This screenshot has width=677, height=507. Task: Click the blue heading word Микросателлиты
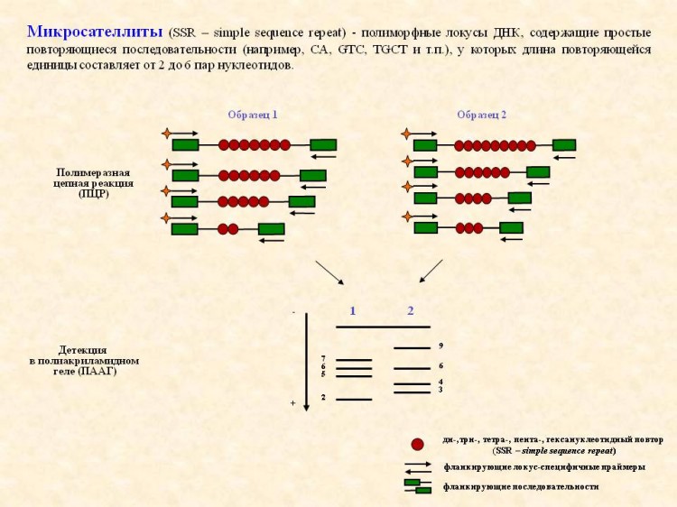tap(95, 32)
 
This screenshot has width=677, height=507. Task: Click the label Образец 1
tap(253, 115)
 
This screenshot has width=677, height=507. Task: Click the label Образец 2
tap(481, 115)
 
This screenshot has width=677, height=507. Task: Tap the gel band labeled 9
tap(413, 348)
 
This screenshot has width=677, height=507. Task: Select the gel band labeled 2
tap(354, 400)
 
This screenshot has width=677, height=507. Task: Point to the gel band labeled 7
tap(354, 360)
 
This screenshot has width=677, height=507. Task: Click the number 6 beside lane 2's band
tap(441, 366)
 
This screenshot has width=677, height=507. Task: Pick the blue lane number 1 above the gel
tap(353, 311)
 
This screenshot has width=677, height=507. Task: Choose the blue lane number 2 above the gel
tap(411, 311)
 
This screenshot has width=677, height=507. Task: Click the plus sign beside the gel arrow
tap(292, 403)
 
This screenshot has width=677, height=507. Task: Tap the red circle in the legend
tap(417, 445)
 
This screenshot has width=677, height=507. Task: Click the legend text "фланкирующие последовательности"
tap(521, 487)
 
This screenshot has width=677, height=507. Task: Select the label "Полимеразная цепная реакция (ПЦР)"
tap(93, 183)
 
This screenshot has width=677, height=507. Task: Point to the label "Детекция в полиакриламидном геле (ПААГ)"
tap(84, 360)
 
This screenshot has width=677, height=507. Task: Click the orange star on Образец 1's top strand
tap(167, 134)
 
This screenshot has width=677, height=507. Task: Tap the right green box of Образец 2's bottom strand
tap(511, 228)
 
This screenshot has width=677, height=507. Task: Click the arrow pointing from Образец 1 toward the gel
tap(329, 272)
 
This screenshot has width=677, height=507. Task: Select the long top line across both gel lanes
tap(383, 327)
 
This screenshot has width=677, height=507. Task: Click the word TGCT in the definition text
tap(390, 50)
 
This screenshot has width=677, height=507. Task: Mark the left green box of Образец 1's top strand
tap(186, 145)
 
